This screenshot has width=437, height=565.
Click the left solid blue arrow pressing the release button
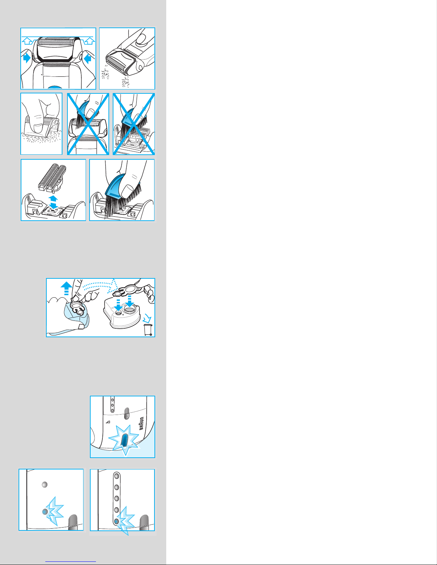pos(26,58)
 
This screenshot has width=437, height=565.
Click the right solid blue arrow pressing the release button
pos(88,59)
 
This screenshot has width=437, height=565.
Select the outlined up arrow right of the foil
pos(90,41)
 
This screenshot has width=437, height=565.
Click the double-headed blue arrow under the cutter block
pos(53,202)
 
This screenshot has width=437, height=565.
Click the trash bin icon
pos(148,330)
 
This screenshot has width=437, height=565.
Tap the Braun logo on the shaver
pos(142,423)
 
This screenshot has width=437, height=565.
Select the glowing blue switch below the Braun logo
pos(125,440)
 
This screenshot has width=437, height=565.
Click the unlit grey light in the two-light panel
pos(45,484)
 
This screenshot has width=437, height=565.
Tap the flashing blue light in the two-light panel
pos(45,512)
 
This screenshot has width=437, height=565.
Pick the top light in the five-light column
pos(117,476)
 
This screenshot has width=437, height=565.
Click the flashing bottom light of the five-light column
pos(117,521)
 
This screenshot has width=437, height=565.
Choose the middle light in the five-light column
pos(117,498)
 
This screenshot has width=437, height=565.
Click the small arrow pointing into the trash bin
pos(147,318)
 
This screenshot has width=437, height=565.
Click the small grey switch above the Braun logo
pos(126,413)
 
